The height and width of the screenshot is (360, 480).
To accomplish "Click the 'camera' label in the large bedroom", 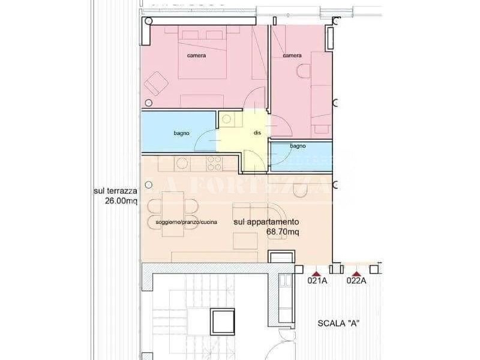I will coord(197,56).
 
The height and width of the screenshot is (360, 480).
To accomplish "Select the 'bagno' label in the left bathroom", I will coord(182,133).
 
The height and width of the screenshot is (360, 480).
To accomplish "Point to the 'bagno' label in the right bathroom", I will coord(298,146).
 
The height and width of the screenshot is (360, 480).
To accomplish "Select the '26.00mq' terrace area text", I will coord(121,202).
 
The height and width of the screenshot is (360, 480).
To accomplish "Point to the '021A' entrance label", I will coord(317,280).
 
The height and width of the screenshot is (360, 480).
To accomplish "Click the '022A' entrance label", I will coord(356,280).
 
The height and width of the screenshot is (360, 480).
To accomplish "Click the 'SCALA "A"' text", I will coord(338,323).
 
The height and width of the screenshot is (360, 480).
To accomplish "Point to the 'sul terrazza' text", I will coord(116,191).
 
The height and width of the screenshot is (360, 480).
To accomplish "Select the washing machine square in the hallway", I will coord(228,119).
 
